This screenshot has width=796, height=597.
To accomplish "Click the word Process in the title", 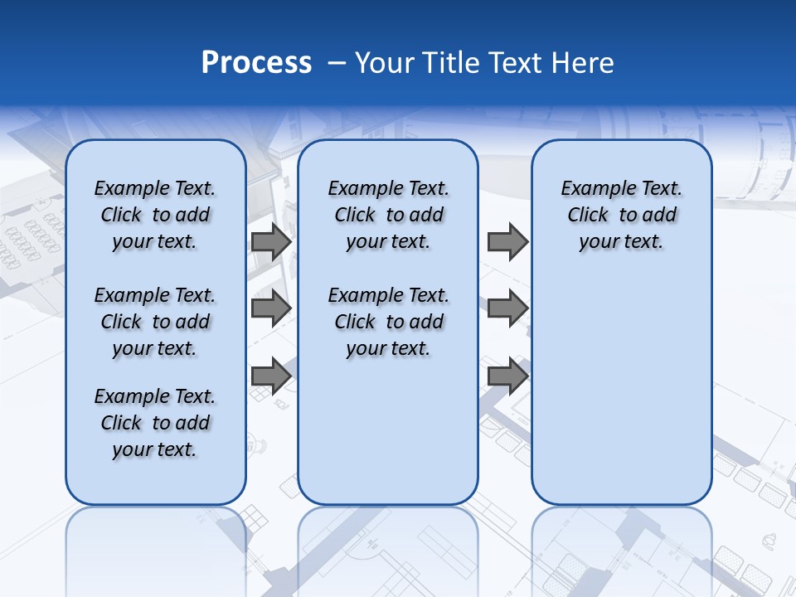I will click(x=256, y=63).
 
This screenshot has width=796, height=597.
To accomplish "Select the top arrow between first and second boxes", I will click(x=271, y=242).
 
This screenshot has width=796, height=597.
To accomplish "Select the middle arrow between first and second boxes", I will click(x=271, y=308).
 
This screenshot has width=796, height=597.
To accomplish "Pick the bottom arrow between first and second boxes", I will click(x=271, y=376).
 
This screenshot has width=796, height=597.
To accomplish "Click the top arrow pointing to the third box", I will click(x=507, y=242).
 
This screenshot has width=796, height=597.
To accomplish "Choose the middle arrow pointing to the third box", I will click(x=507, y=308).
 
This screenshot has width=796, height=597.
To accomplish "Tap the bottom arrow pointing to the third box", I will click(x=507, y=376).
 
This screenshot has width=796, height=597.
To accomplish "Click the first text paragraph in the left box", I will click(x=155, y=215).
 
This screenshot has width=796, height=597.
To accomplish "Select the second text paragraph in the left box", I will click(x=155, y=322).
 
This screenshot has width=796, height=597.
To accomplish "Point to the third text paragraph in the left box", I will click(x=155, y=423).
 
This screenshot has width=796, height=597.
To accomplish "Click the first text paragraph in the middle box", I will click(x=388, y=215).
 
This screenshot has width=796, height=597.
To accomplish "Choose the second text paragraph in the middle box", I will click(x=388, y=322).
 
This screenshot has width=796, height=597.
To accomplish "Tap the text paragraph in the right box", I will click(x=622, y=215).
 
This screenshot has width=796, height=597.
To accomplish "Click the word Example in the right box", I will click(x=593, y=189).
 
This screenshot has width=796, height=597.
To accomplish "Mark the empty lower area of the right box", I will click(x=622, y=390).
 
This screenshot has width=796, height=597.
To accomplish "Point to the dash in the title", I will click(x=337, y=63).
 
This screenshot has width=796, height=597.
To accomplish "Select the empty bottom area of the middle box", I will click(x=388, y=439).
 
